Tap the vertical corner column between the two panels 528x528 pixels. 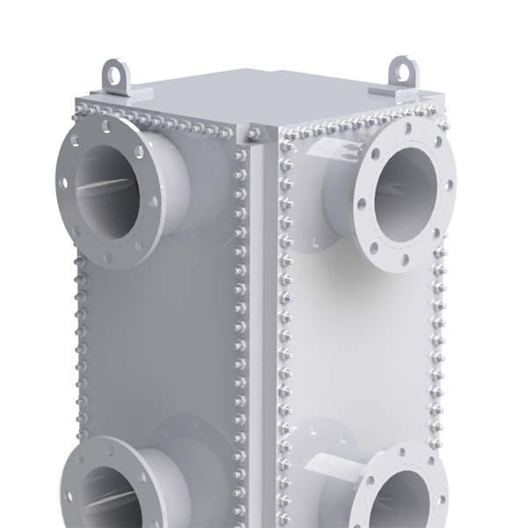pyautogui.click(x=259, y=308)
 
